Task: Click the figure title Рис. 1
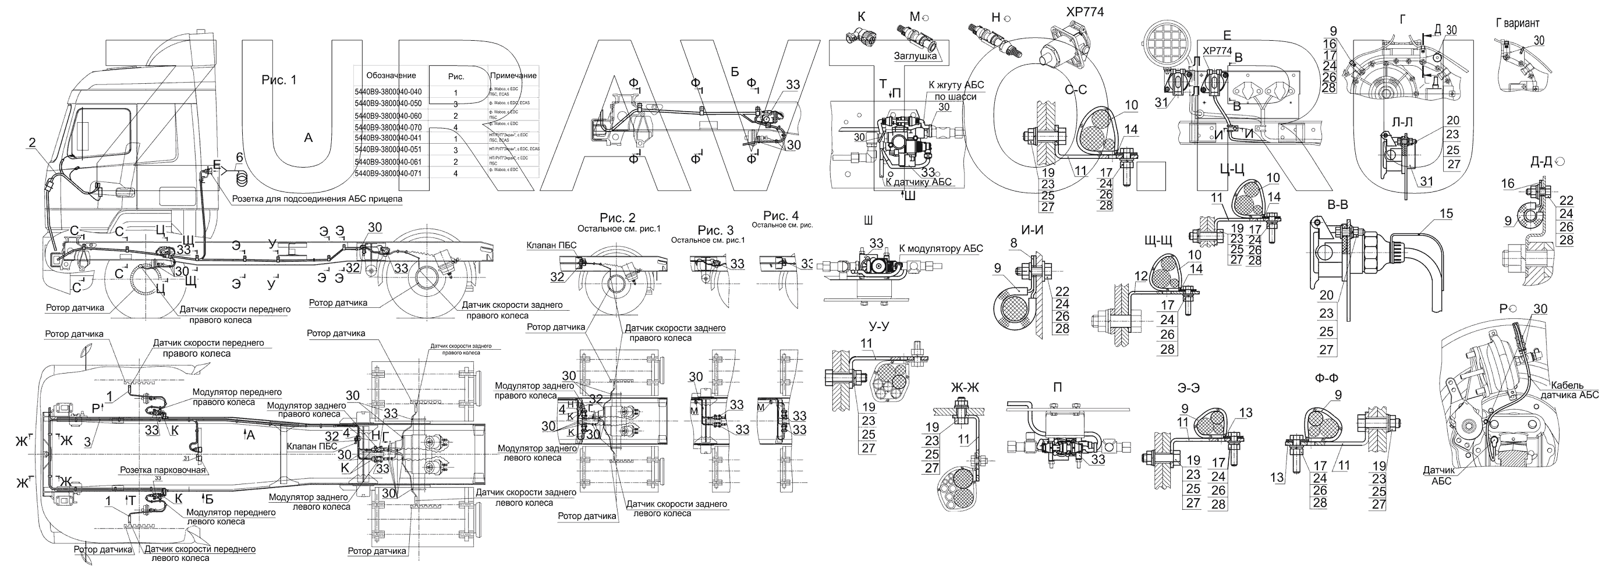pos(279,80)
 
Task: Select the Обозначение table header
pos(391,75)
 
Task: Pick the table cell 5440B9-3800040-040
pos(388,92)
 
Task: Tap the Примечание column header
pos(513,76)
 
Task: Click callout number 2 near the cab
pos(32,143)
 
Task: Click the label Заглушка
pos(915,56)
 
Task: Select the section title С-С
pos(1076,90)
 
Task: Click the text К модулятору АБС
pos(941,248)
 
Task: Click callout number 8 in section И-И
pos(1013,243)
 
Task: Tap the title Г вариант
pos(1517,23)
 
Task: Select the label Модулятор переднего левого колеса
pos(231,516)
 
